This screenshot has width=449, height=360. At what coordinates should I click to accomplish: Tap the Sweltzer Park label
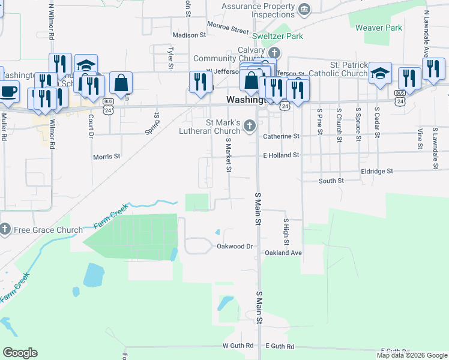pos(277,36)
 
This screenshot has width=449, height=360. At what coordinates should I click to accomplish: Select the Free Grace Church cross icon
pos(5,230)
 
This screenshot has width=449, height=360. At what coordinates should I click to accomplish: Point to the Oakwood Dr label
pos(235,246)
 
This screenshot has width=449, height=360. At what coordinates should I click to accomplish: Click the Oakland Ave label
pos(283,253)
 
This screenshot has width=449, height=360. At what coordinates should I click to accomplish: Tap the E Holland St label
pos(280,155)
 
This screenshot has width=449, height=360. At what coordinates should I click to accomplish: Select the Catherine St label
pos(281,136)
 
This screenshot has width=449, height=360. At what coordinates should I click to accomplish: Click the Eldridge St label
pos(377,171)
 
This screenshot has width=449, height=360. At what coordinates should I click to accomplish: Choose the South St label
pos(331,180)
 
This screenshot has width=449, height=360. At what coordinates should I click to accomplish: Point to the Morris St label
pos(106,157)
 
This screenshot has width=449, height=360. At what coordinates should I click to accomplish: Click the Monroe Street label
pos(228,28)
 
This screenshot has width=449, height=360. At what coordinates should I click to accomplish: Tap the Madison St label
pos(189,35)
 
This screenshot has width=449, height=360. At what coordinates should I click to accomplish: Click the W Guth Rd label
pos(238,346)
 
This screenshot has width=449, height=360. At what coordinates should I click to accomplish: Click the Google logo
pos(20,353)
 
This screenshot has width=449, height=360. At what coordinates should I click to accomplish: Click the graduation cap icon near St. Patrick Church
pos(380,73)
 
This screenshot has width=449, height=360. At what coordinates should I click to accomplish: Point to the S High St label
pos(286,230)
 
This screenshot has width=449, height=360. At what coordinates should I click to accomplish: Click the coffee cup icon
pos(8,91)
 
